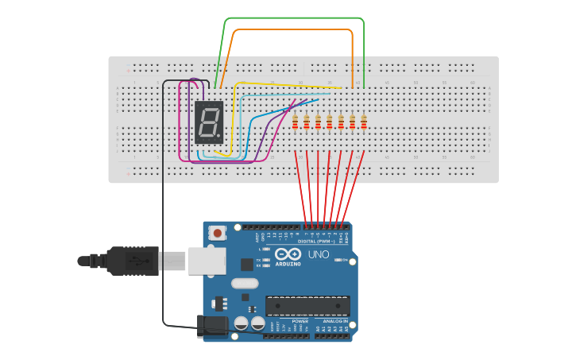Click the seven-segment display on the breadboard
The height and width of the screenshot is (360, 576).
tap(209, 122)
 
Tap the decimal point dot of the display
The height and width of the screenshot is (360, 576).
tap(219, 136)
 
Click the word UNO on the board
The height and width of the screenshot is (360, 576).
tap(319, 254)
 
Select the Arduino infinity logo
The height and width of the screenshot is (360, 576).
tap(288, 254)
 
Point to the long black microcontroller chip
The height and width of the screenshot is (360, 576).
tap(307, 306)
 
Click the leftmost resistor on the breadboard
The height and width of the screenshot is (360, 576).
tap(295, 122)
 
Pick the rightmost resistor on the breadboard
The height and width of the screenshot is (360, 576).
tap(364, 122)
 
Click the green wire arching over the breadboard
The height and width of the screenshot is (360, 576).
tap(294, 17)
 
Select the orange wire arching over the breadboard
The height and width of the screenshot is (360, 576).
tap(294, 29)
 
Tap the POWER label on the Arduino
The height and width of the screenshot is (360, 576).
tap(290, 321)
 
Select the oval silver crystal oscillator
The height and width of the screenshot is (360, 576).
tap(245, 283)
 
